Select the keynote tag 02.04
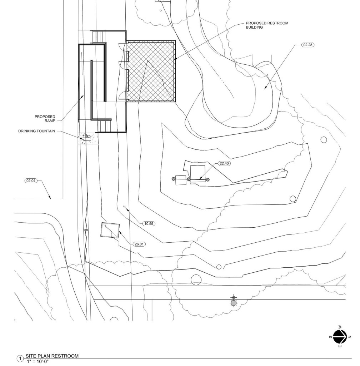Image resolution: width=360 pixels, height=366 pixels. [x=31, y=181]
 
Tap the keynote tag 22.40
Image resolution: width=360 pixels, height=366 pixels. [x=224, y=163]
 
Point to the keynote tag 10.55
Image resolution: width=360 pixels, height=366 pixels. [x=149, y=224]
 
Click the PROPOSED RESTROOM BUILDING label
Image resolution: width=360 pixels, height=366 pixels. [x=267, y=25]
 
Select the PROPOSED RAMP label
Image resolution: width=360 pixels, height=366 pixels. [x=45, y=118]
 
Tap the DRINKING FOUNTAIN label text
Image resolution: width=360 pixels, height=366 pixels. [x=37, y=131]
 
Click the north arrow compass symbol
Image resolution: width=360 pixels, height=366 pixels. [x=340, y=336]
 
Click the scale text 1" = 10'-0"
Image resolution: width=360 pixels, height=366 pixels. [x=37, y=361]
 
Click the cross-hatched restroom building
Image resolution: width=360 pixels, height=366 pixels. [x=151, y=71]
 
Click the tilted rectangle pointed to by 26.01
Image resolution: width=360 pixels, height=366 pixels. [x=110, y=230]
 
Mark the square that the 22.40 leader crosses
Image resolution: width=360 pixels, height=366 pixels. [x=197, y=174]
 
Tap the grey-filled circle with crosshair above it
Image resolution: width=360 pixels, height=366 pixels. [x=234, y=303]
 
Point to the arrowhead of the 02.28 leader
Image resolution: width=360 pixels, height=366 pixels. [x=265, y=88]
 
